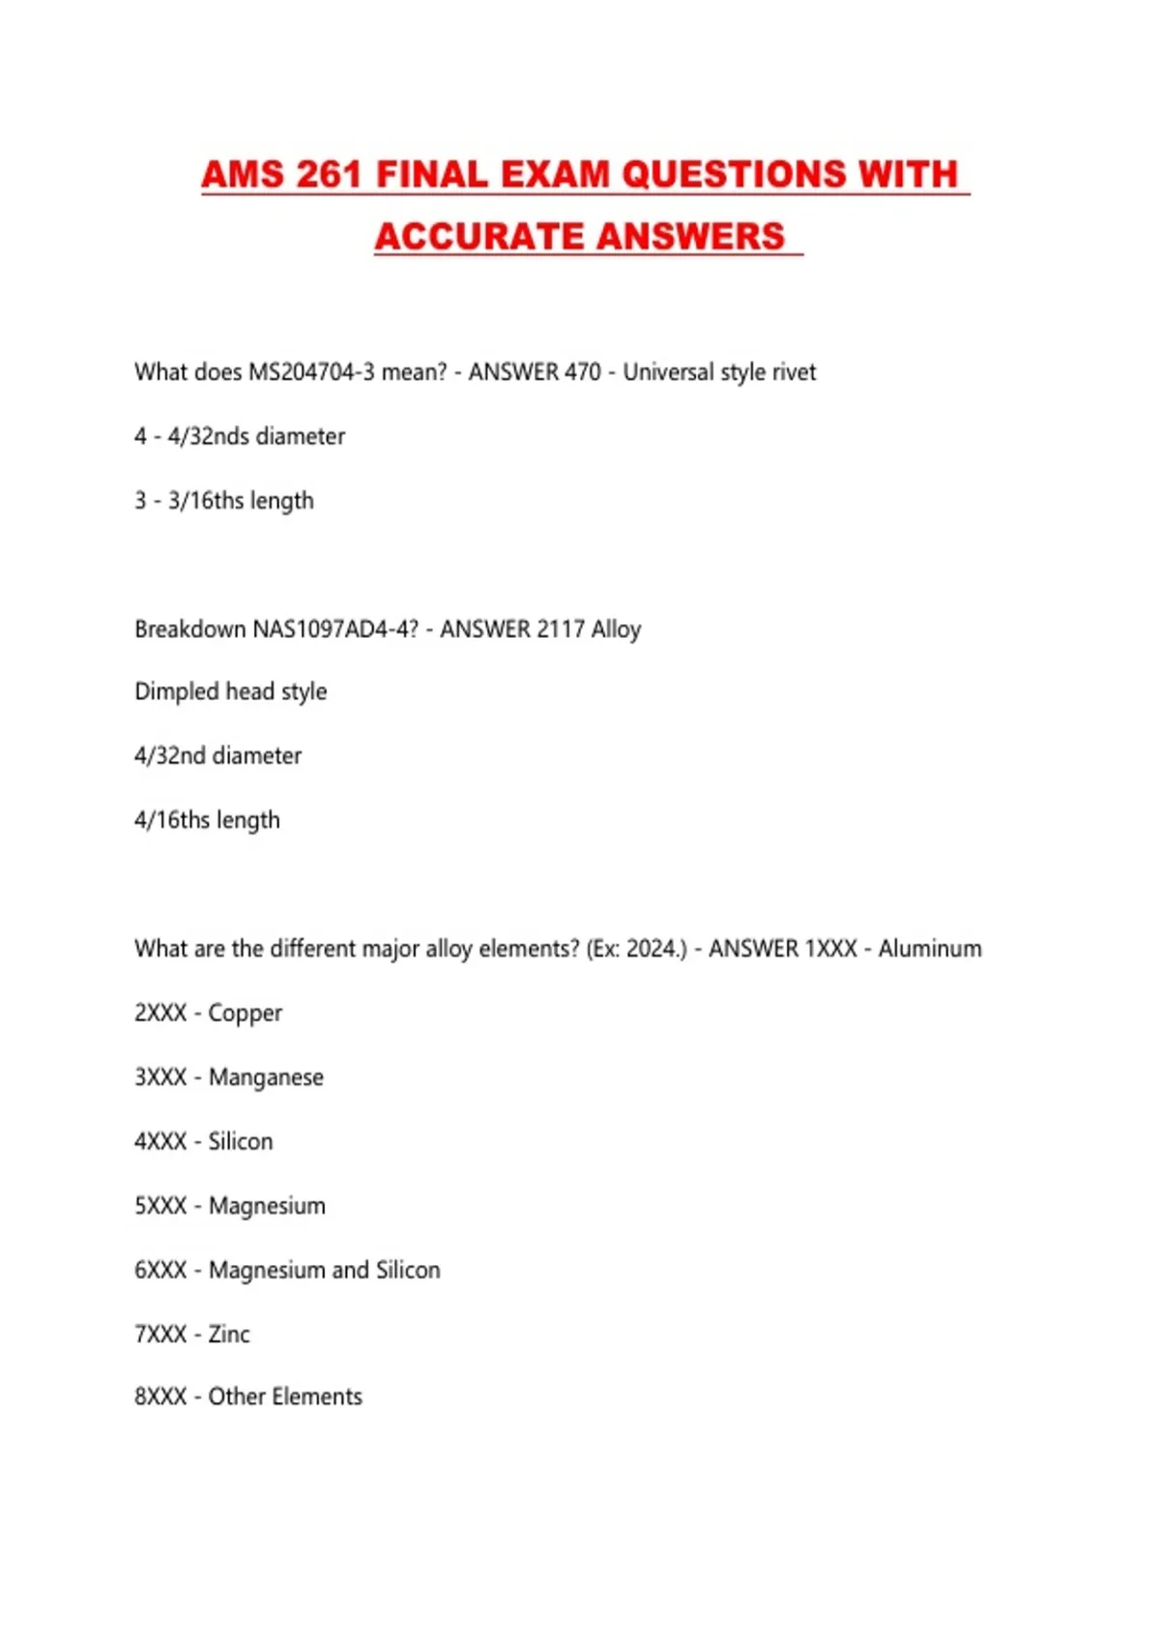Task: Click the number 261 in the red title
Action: [x=329, y=175]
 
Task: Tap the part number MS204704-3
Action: [x=311, y=372]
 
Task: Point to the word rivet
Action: [x=794, y=372]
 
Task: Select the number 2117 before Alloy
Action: [x=561, y=629]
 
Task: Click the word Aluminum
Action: [x=930, y=949]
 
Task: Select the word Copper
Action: [x=246, y=1014]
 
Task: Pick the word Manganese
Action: [x=266, y=1078]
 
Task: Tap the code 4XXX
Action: [x=160, y=1141]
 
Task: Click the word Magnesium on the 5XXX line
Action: [x=267, y=1206]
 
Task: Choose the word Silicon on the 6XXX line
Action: [x=408, y=1270]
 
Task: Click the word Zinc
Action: [x=229, y=1335]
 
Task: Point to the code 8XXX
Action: [x=160, y=1397]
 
